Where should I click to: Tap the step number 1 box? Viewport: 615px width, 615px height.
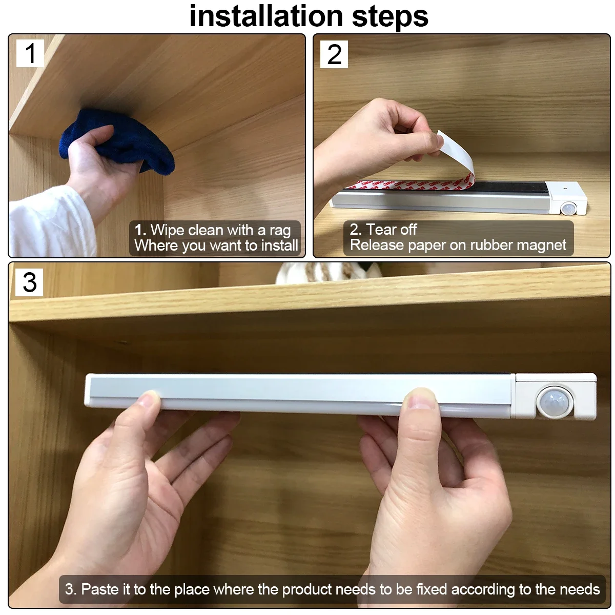click(x=30, y=53)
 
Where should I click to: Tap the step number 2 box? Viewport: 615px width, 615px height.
click(x=334, y=54)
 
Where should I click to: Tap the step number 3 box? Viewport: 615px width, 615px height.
click(x=30, y=282)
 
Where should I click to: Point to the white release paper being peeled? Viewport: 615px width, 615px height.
click(x=459, y=154)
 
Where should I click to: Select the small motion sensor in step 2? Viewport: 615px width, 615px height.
click(x=567, y=209)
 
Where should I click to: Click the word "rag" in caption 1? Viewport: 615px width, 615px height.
click(x=280, y=230)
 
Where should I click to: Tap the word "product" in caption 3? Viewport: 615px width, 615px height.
click(x=309, y=589)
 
